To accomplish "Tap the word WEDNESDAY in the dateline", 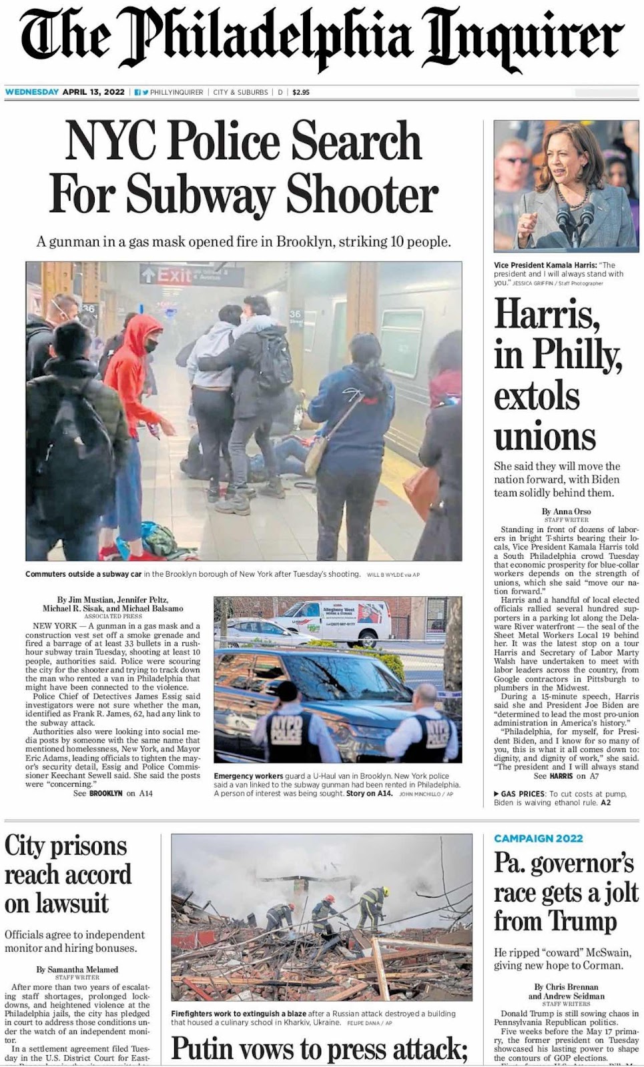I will (x=32, y=92).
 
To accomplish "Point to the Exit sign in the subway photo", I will (x=166, y=275).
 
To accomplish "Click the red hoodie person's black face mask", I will (x=151, y=345).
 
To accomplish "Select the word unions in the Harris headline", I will (x=545, y=437).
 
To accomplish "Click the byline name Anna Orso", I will (x=572, y=511).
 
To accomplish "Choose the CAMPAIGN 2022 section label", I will (x=538, y=838).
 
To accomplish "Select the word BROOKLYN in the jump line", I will (x=106, y=794).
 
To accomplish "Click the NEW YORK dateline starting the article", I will (x=55, y=626).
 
